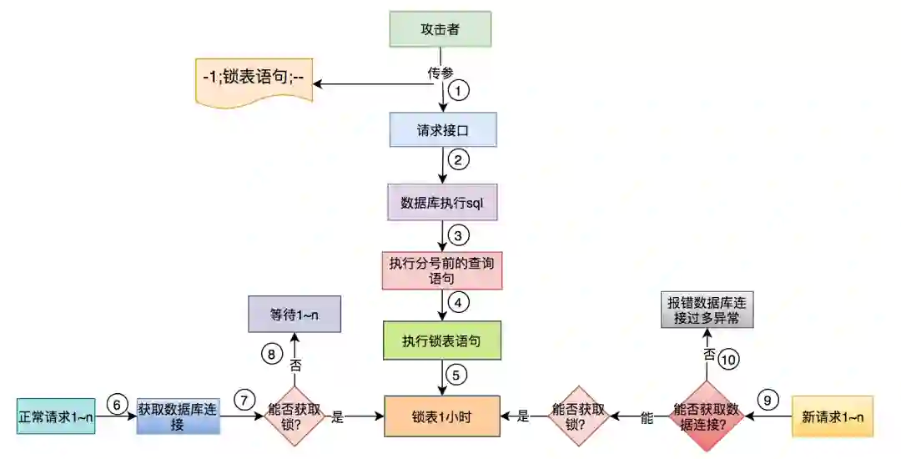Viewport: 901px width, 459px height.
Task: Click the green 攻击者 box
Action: pyautogui.click(x=440, y=29)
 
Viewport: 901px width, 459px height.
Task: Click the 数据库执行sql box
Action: pyautogui.click(x=442, y=202)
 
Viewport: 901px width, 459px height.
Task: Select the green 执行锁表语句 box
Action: pyautogui.click(x=442, y=340)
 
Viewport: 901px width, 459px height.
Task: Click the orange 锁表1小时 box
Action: pyautogui.click(x=442, y=416)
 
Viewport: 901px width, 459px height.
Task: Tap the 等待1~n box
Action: pyautogui.click(x=294, y=315)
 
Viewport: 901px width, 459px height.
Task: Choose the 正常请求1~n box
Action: pyautogui.click(x=56, y=416)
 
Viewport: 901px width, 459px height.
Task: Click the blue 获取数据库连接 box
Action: pyautogui.click(x=178, y=416)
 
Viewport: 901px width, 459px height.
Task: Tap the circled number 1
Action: pyautogui.click(x=458, y=89)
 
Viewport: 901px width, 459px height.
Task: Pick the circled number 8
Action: pyautogui.click(x=270, y=353)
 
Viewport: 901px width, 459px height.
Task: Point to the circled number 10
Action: pyautogui.click(x=729, y=359)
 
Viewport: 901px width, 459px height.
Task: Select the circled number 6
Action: pyautogui.click(x=117, y=404)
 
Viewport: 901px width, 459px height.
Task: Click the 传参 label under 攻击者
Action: pyautogui.click(x=440, y=73)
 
